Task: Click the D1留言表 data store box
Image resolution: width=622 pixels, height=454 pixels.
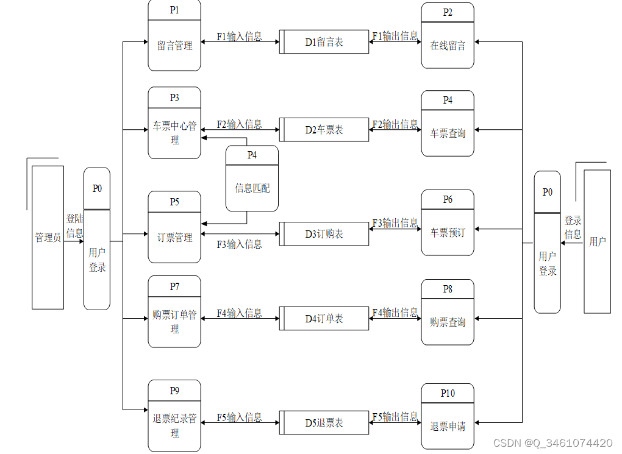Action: (x=324, y=42)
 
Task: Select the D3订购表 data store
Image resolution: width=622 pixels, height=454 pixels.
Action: (x=324, y=234)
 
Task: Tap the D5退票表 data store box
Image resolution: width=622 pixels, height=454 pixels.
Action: (x=324, y=422)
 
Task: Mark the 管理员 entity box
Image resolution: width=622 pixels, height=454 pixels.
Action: (x=48, y=237)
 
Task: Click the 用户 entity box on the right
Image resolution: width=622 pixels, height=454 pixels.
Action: (x=597, y=241)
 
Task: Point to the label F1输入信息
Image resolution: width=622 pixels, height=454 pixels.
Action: (x=239, y=37)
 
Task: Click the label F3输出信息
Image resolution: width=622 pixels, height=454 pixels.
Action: (x=395, y=223)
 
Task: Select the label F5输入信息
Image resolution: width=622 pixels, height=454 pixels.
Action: (x=239, y=417)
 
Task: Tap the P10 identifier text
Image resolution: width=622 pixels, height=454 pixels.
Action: (x=448, y=393)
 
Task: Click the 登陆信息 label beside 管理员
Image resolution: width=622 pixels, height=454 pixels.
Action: (x=75, y=225)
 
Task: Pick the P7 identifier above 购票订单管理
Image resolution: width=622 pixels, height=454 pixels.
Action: (x=174, y=286)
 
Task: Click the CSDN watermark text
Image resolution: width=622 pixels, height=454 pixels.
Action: (x=552, y=443)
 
